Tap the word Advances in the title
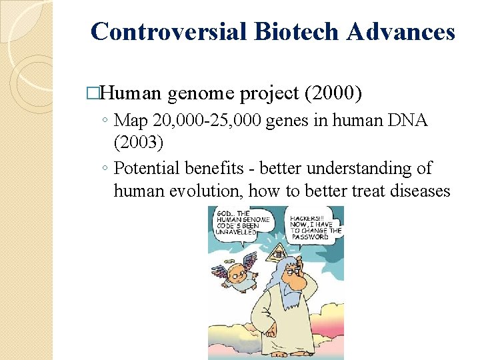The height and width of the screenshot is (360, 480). pyautogui.click(x=407, y=31)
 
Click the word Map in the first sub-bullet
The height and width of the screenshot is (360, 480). pyautogui.click(x=131, y=121)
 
